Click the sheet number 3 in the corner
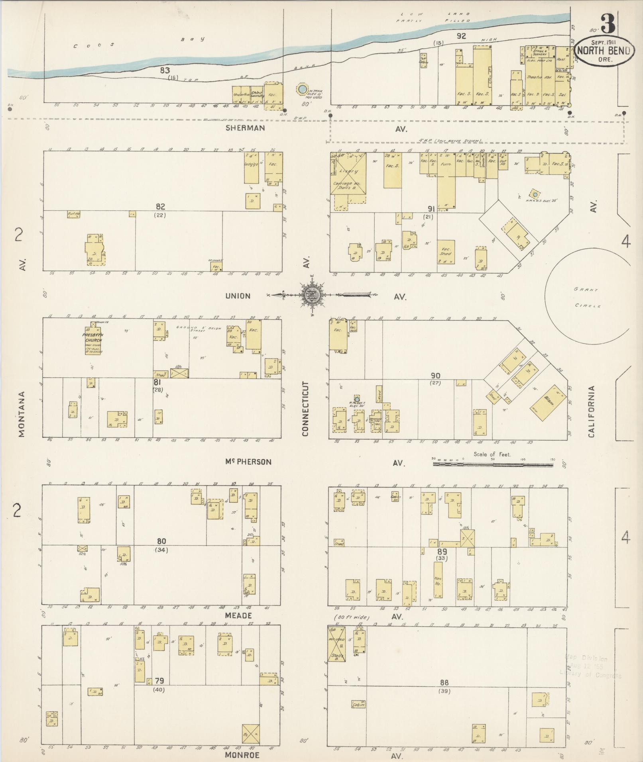608,24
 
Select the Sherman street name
245,128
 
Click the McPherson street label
248,462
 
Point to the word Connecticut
306,409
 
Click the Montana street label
22,414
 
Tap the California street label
591,411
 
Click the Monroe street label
242,755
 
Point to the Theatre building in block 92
539,77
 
